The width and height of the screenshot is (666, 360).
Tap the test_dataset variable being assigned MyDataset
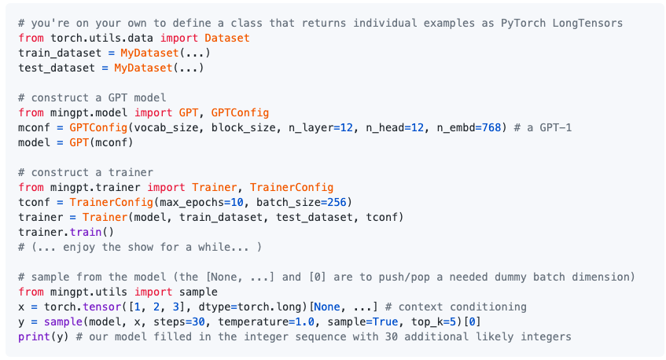(57, 68)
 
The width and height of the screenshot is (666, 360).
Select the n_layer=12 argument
(325, 127)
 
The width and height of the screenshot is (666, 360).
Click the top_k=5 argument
(434, 321)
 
